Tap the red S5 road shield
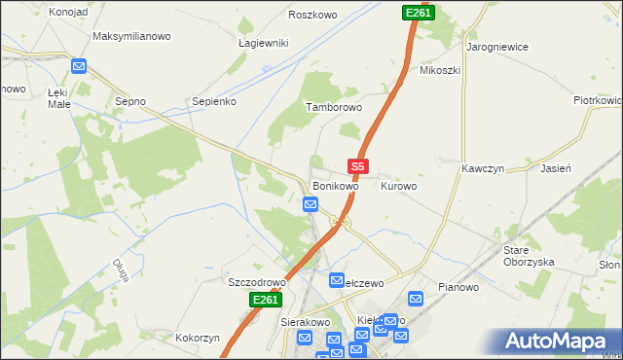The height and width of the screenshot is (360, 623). click(357, 166)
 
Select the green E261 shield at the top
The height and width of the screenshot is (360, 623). click(417, 13)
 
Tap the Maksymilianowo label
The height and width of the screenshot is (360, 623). click(131, 36)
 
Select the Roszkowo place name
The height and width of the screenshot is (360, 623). click(312, 15)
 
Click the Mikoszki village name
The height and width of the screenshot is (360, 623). click(439, 70)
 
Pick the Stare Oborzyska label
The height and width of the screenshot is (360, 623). click(529, 256)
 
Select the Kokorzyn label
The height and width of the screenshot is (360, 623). click(199, 338)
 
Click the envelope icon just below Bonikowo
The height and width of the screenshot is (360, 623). click(311, 204)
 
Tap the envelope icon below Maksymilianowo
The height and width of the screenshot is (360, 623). click(80, 67)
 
